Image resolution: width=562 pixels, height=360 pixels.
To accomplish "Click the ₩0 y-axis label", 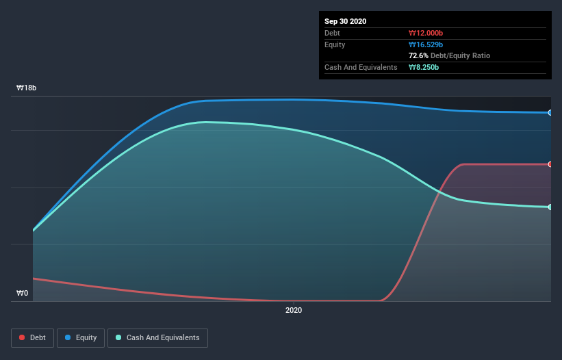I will (x=23, y=294).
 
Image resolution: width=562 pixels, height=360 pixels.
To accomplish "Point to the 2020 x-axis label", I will (x=293, y=311).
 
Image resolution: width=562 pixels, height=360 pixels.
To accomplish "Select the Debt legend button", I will (x=32, y=337).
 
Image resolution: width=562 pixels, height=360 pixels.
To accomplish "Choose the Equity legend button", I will (x=80, y=337).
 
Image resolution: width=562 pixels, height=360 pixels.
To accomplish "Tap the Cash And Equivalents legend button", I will (x=157, y=337).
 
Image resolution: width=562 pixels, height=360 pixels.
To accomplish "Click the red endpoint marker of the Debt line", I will (x=550, y=164).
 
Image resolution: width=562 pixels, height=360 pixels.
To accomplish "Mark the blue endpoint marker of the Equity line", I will (x=550, y=112).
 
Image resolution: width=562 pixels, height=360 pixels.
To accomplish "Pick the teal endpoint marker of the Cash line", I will (x=550, y=207).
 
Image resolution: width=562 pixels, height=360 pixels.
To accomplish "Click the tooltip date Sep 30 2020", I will (x=346, y=21).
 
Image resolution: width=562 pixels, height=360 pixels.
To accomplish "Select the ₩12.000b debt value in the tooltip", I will (x=426, y=33).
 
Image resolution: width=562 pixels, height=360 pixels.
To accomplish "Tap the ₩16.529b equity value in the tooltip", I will (x=426, y=44).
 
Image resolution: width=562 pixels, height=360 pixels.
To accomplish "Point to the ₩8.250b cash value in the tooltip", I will (x=424, y=67).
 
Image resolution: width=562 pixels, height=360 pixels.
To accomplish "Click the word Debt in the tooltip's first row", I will (x=332, y=33).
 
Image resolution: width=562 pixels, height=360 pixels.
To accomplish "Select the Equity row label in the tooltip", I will (x=335, y=44).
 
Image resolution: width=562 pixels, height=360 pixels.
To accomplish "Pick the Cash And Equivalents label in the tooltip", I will (x=361, y=67).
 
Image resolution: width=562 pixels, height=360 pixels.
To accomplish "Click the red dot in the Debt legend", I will (x=22, y=337).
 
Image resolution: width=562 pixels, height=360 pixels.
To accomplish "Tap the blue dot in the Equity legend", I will (x=68, y=337).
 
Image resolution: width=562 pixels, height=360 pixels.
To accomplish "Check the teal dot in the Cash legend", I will (x=118, y=337).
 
